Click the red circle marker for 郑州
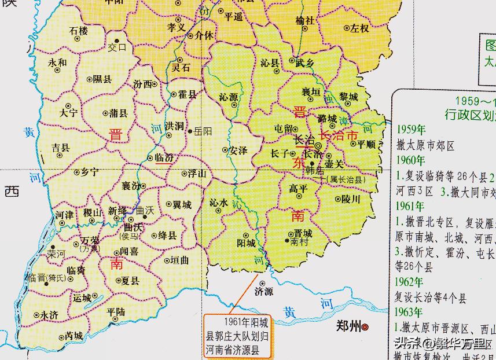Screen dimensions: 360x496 (x=366, y=328)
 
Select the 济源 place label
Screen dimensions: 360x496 (x=263, y=291)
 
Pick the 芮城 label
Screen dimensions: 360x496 (x=74, y=335)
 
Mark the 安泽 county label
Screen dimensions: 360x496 (x=238, y=150)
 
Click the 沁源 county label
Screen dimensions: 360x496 (x=229, y=97)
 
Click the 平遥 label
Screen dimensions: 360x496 (x=233, y=17)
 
